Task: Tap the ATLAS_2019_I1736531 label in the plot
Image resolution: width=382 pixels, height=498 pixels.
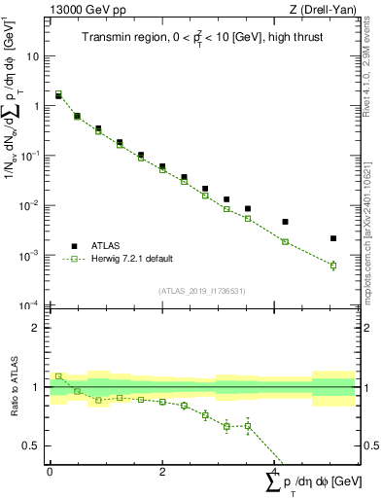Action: tap(201, 291)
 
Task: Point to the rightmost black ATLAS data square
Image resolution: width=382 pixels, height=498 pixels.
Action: tap(332, 238)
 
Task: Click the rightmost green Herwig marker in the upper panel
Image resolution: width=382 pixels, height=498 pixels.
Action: tap(332, 266)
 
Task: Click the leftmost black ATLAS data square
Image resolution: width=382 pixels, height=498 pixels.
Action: tap(58, 96)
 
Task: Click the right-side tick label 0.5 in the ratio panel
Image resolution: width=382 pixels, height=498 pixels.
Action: tap(370, 446)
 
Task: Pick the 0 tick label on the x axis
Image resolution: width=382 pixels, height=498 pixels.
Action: tap(51, 471)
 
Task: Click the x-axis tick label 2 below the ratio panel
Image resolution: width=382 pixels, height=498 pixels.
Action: tap(162, 471)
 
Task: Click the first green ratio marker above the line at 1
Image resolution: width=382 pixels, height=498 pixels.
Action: tap(58, 375)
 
